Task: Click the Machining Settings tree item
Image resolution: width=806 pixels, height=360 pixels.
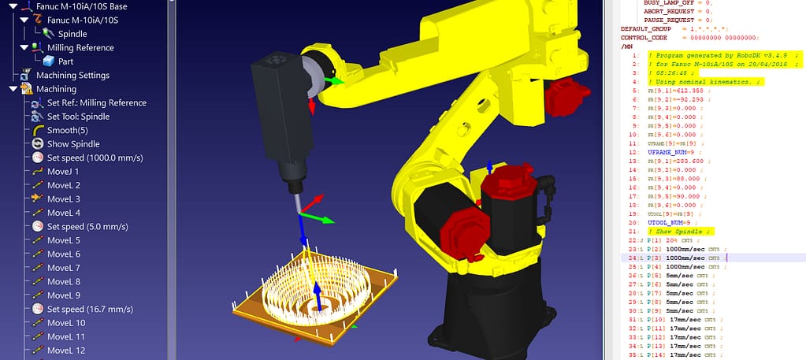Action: click(x=72, y=75)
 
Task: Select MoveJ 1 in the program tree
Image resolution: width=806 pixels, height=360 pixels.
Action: click(x=63, y=171)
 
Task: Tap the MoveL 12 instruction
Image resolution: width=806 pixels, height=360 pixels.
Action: click(x=66, y=351)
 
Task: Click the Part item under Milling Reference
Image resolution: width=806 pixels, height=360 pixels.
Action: click(x=65, y=61)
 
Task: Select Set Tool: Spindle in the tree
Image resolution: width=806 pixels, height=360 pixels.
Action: click(x=78, y=117)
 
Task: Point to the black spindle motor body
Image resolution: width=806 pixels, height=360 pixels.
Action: click(x=277, y=118)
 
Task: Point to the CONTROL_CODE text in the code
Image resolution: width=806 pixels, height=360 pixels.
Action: click(x=645, y=37)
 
